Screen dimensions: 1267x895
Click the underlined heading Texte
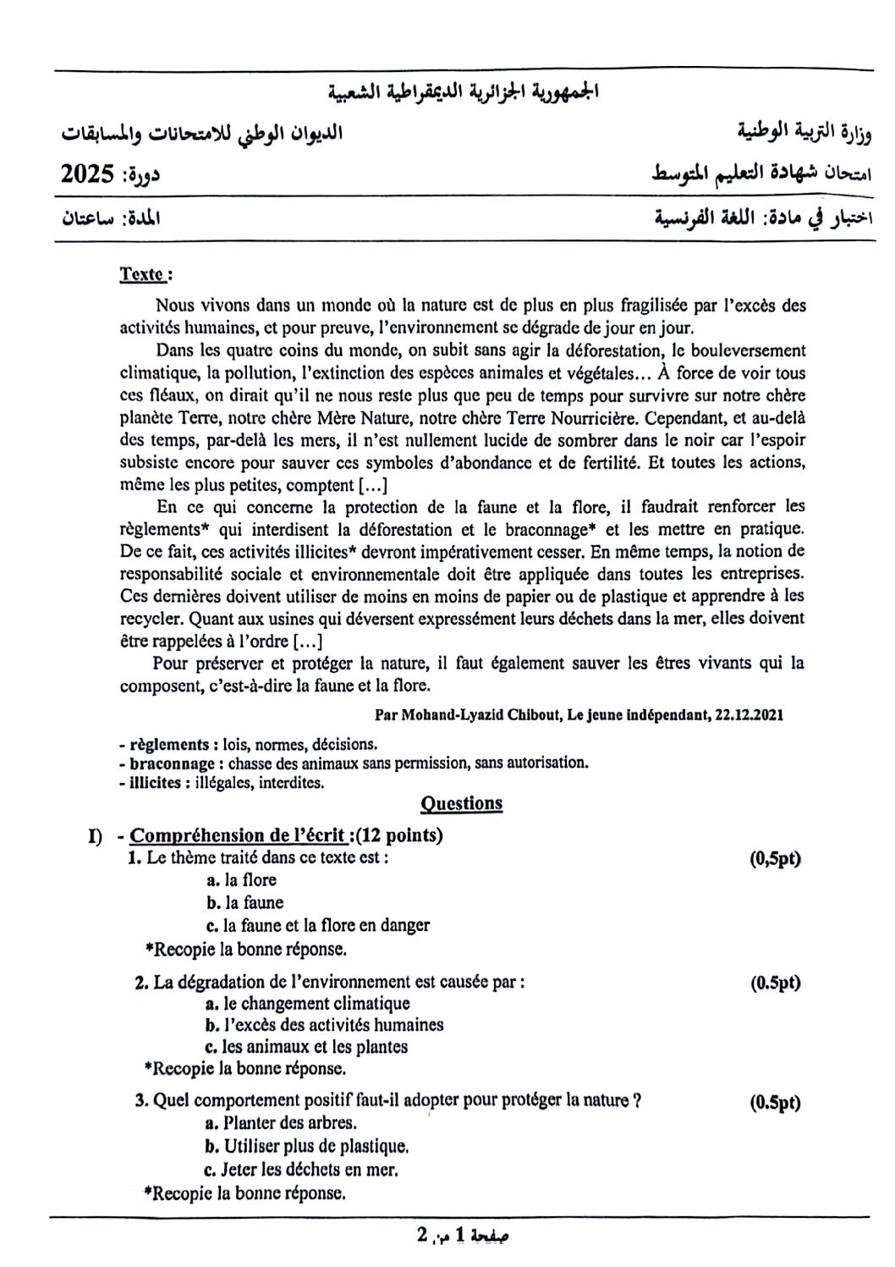142,274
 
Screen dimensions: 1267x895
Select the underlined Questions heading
461,803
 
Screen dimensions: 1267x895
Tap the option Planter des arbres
282,1123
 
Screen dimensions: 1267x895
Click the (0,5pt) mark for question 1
775,858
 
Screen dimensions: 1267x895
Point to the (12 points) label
399,835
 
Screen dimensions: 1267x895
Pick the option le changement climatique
309,1004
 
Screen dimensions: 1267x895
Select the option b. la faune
244,903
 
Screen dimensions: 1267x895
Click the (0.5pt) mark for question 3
775,1102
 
